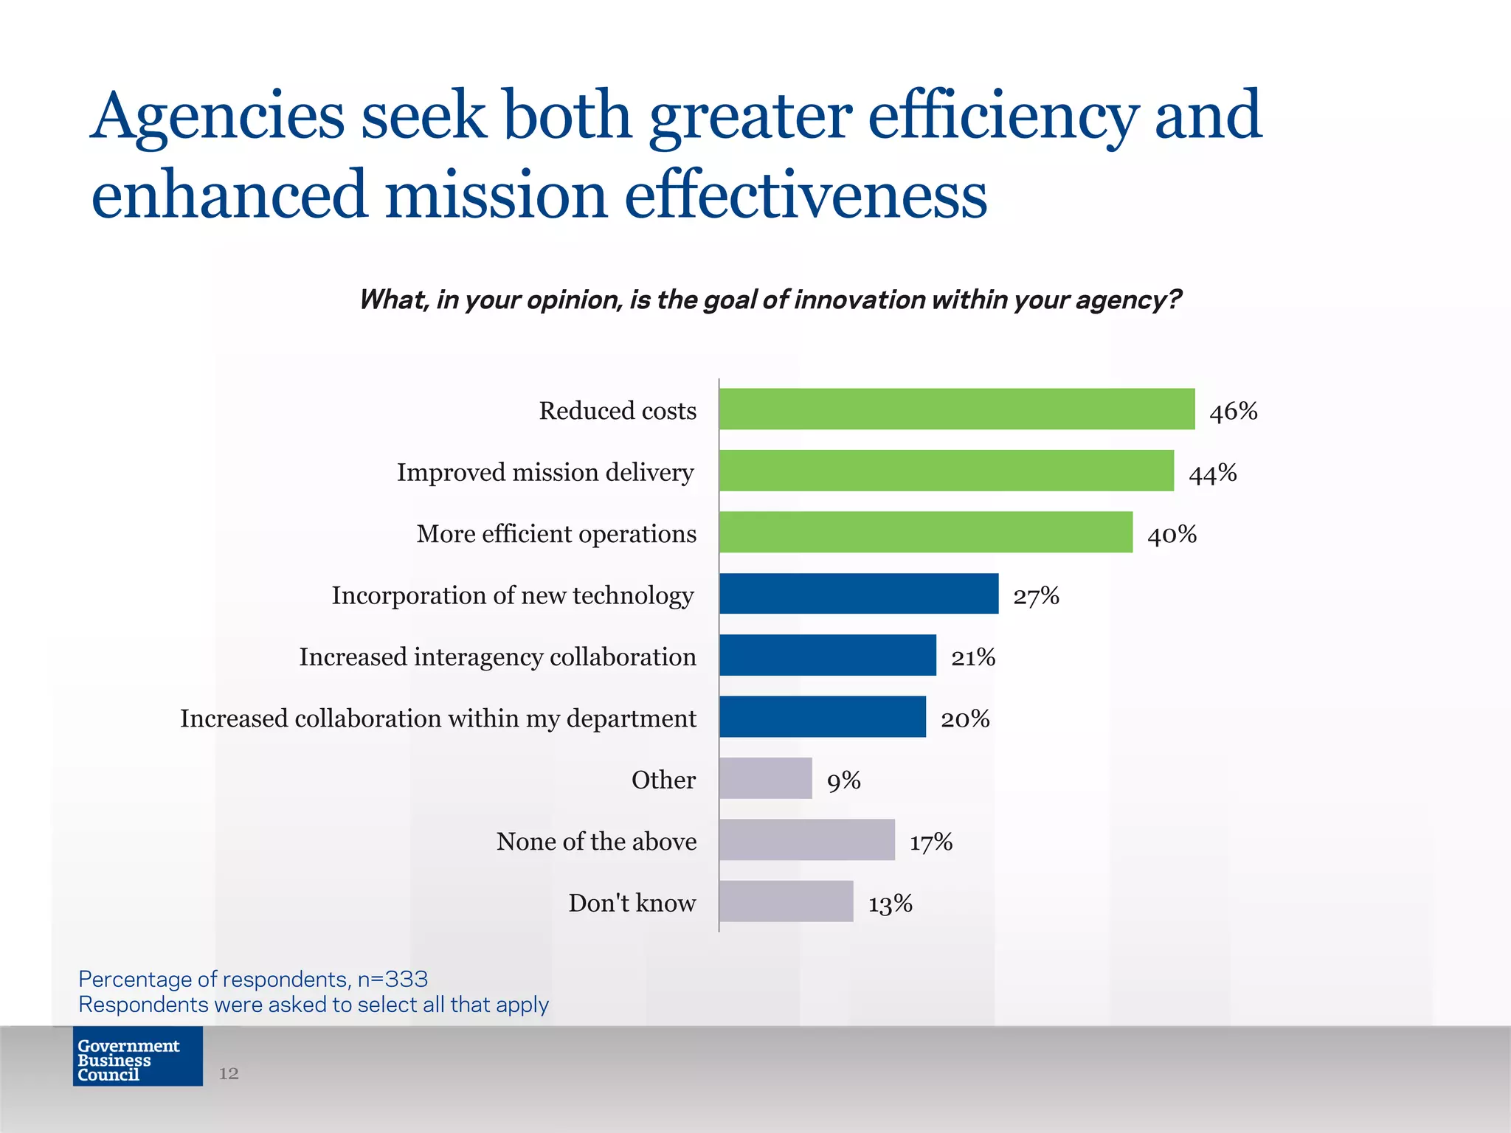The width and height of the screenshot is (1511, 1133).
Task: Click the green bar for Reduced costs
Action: (956, 409)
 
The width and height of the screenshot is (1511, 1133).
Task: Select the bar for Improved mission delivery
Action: (946, 471)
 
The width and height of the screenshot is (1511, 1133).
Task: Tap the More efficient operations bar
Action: (925, 532)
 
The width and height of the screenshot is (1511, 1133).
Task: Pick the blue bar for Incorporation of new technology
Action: (858, 594)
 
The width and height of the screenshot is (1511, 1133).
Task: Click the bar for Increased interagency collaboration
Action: (827, 655)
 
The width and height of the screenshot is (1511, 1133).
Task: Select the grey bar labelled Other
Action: (765, 778)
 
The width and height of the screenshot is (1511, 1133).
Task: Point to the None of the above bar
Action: (806, 839)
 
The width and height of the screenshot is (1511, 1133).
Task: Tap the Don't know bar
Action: (786, 901)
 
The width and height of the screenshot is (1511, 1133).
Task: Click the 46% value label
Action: (1233, 412)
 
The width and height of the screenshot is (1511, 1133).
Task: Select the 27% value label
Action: (1036, 596)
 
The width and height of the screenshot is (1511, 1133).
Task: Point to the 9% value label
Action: (843, 780)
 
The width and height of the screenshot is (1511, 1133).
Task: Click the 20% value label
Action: (964, 719)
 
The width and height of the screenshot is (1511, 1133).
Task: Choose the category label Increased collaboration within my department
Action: (438, 718)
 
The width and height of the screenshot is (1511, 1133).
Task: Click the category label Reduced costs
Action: (618, 411)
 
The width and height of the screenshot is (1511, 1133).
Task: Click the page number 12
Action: (229, 1073)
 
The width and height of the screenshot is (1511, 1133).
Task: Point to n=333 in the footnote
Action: (393, 979)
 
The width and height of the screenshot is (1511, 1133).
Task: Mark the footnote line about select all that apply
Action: (314, 1005)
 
